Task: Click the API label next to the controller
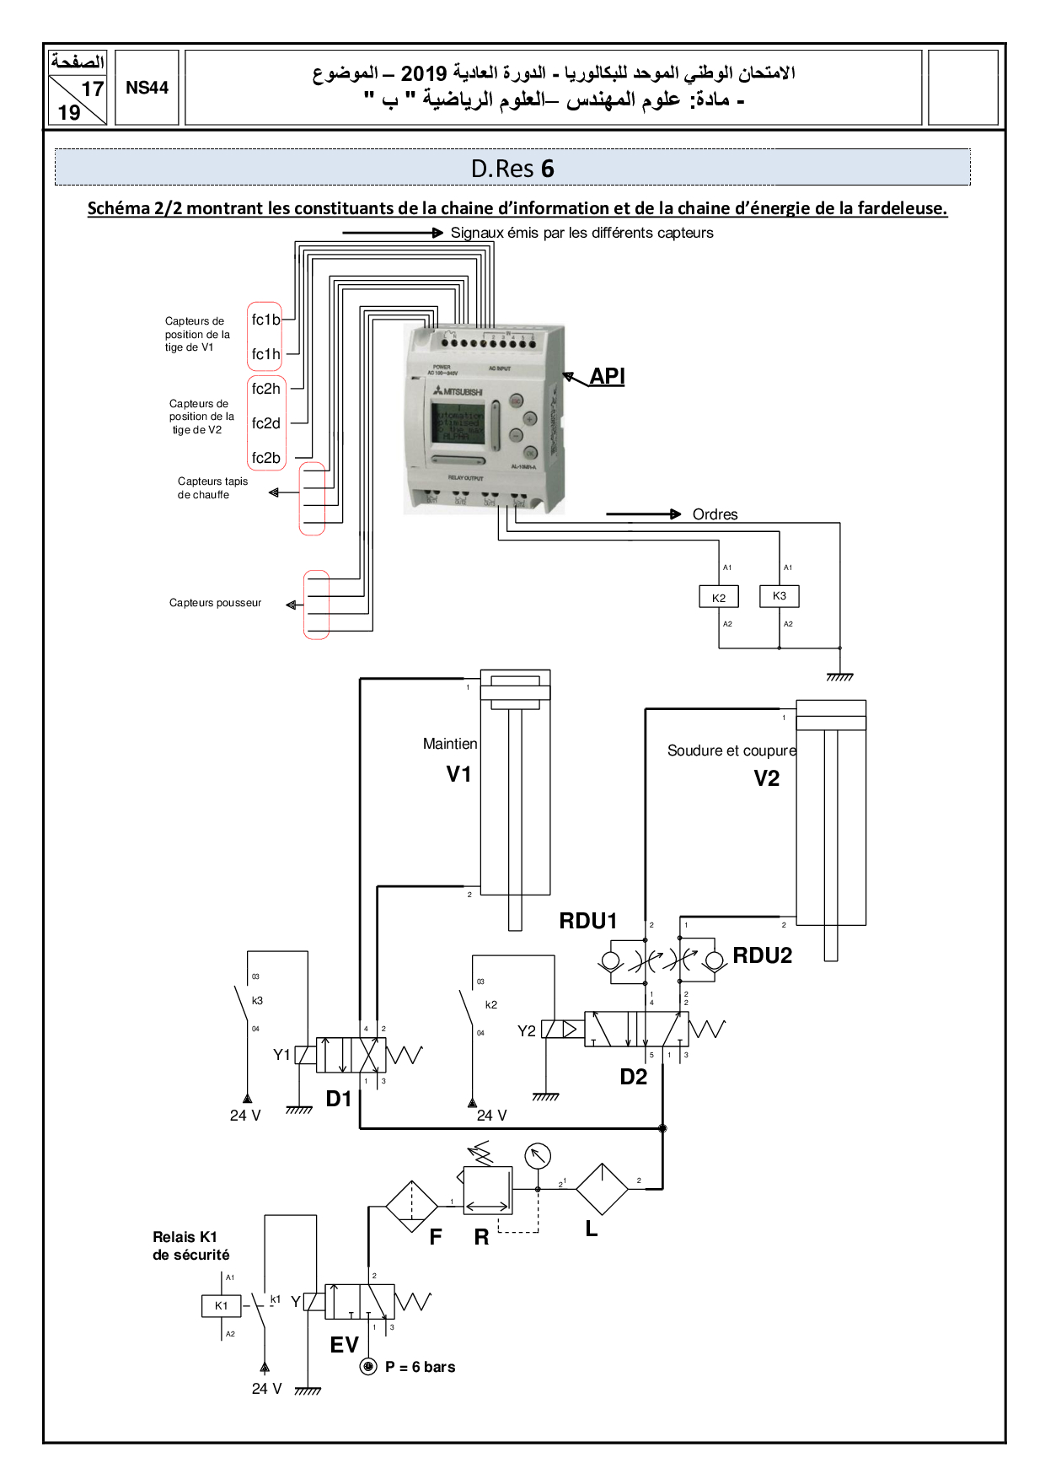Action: click(607, 376)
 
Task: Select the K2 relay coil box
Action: click(719, 597)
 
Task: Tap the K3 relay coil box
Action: click(780, 595)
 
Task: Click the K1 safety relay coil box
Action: click(221, 1305)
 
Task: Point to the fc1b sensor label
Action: click(265, 320)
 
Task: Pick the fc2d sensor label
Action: click(265, 423)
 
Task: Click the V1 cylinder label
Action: click(458, 774)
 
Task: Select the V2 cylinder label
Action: click(766, 778)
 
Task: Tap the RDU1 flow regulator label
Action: click(588, 921)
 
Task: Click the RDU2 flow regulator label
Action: click(762, 955)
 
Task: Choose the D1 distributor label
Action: click(339, 1099)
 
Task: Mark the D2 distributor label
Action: click(634, 1077)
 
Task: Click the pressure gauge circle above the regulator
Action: click(538, 1155)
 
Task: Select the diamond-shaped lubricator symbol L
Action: click(602, 1189)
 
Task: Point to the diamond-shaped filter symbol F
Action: click(411, 1207)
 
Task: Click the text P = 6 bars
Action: click(420, 1367)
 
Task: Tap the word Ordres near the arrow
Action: click(715, 514)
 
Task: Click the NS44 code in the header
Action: click(147, 88)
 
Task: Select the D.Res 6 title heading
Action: click(512, 169)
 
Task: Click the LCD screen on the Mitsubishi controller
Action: click(458, 422)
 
